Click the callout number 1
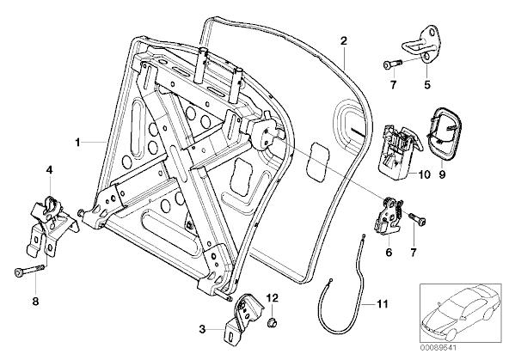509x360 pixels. coord(77,143)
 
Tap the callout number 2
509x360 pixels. coord(344,41)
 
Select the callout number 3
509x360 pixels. coord(202,330)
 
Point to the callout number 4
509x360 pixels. coord(49,169)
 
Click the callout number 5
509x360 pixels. coord(427,85)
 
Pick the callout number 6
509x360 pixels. coord(389,252)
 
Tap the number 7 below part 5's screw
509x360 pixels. coord(393,85)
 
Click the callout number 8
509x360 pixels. coord(35,302)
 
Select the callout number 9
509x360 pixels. coord(442,174)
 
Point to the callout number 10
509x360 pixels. coord(424,174)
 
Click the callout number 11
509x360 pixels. coord(382,304)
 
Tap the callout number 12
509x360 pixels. coord(273,297)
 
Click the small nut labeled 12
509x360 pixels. coord(272,323)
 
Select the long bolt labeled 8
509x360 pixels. coord(29,271)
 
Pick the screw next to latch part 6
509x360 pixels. coord(417,218)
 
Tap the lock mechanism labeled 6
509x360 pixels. coord(389,216)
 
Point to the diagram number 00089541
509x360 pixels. coord(438,348)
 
